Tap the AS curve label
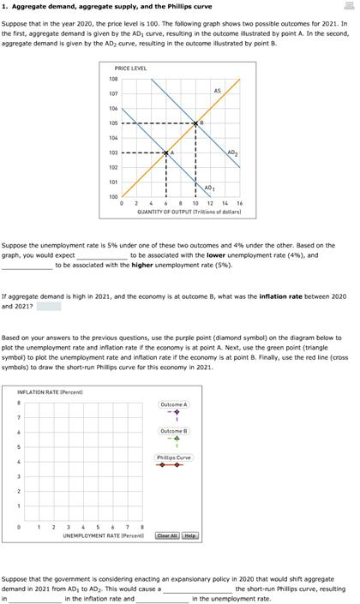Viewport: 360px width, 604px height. click(217, 90)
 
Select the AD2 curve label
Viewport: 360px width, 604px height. click(232, 152)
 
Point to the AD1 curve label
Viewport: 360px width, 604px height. click(209, 187)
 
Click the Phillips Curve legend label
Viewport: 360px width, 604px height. click(173, 457)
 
